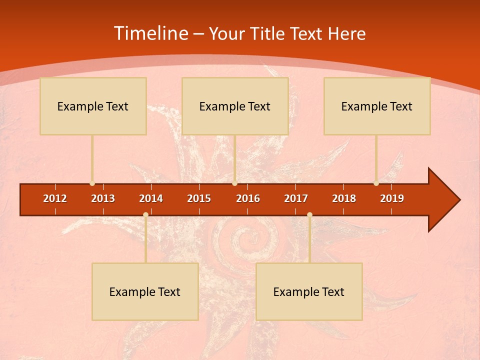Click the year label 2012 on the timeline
[x=55, y=198]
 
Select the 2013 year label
[x=103, y=198]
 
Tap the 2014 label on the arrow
[x=151, y=198]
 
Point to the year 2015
[x=199, y=198]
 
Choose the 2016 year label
[x=248, y=198]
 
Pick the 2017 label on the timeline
[x=296, y=198]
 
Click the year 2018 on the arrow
[x=344, y=198]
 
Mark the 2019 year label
[x=392, y=198]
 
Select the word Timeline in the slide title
[x=150, y=33]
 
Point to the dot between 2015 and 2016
[x=234, y=183]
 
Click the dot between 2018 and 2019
[x=376, y=183]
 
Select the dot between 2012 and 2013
[x=92, y=183]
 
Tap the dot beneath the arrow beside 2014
[x=145, y=214]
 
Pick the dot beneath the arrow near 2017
[x=309, y=214]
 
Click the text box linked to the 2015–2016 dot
[x=235, y=106]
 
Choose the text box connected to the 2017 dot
[x=309, y=291]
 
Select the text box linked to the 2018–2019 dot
[x=377, y=106]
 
